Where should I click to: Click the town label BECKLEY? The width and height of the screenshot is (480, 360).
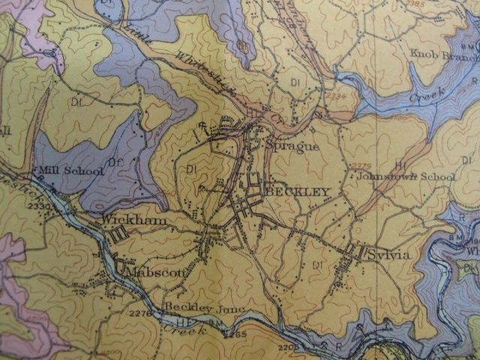pos(298,193)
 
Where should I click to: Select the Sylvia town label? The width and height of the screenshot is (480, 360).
pos(388,255)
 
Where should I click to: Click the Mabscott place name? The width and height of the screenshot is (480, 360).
pos(154,273)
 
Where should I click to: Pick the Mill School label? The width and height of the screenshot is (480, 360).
pos(72,171)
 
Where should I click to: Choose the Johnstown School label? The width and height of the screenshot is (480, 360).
pos(405,177)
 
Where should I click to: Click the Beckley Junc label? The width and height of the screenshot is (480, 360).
pos(195,307)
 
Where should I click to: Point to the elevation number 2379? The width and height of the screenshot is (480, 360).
pos(361,166)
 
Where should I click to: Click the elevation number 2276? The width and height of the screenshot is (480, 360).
pos(140,313)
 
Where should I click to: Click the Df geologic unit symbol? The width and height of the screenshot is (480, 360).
pos(115,161)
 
